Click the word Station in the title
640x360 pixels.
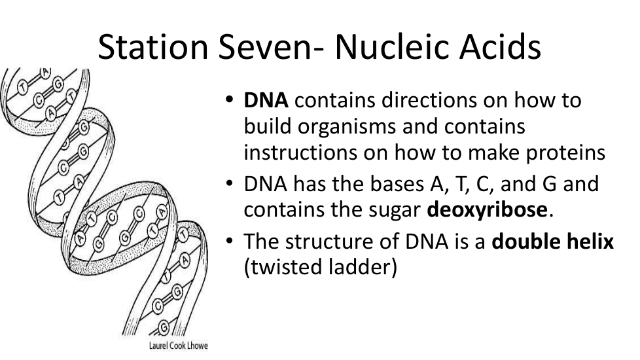point(153,46)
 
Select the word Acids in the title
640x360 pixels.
point(501,46)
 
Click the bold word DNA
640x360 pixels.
point(266,100)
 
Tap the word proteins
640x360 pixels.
point(565,154)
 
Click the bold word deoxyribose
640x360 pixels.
point(487,210)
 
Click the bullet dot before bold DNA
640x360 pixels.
point(230,100)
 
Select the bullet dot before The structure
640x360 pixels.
point(230,241)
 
